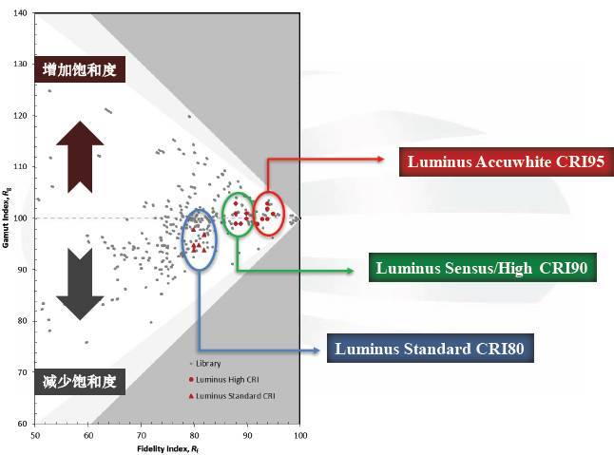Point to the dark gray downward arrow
tap(79, 283)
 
